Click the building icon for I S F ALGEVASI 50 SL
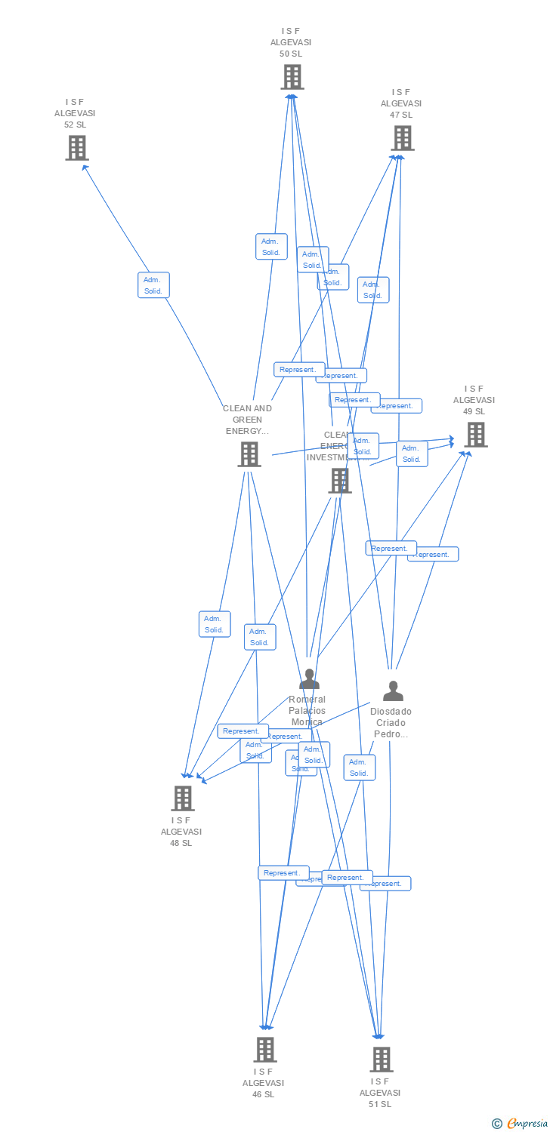pos(292,76)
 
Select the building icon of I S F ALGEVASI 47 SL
pos(402,137)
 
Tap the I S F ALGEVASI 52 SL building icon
pos(76,147)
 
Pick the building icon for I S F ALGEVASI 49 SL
pos(475,434)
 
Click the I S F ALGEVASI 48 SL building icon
pos(182,798)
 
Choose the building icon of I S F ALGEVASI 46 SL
pos(264,1049)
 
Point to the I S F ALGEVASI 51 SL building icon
pos(381,1059)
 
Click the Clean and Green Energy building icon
pos(249,454)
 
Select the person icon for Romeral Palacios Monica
pos(308,679)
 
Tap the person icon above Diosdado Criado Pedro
pos(393,691)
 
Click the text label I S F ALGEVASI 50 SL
pos(291,42)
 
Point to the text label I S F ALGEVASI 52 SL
pos(75,113)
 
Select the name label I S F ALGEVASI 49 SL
pos(474,400)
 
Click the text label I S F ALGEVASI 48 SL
pos(181,832)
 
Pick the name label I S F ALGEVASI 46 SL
pos(264,1083)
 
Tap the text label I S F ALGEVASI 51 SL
pos(380,1093)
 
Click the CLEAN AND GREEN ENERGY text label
pos(247,420)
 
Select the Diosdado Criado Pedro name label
pos(391,722)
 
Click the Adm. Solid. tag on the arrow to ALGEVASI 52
pos(153,285)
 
